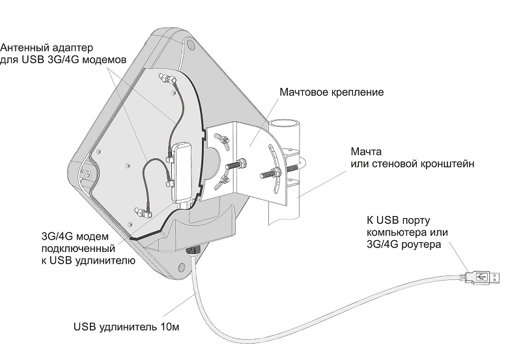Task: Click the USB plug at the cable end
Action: pos(483,276)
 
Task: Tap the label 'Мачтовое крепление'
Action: pos(331,92)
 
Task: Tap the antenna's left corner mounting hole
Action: pos(87,175)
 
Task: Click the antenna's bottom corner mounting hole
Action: pos(179,265)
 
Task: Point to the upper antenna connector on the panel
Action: pos(170,80)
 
